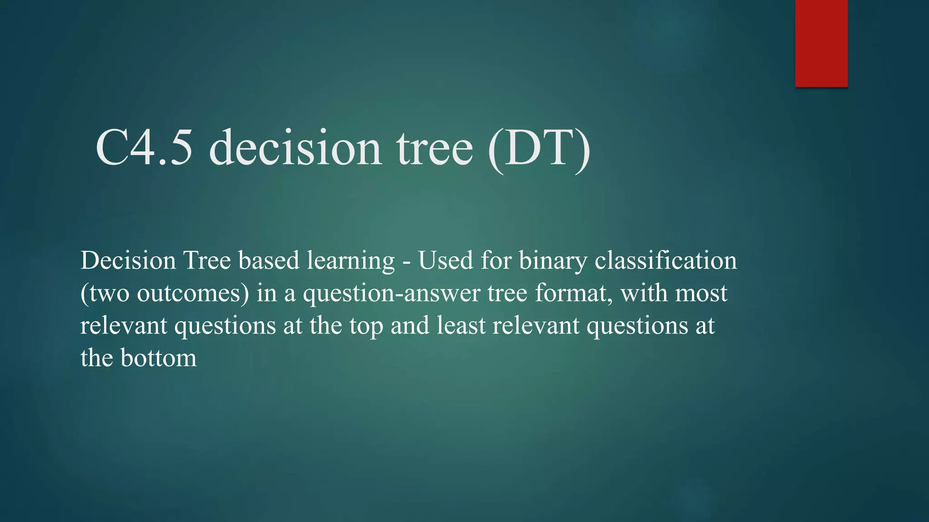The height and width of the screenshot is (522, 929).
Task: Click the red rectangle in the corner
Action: point(821,43)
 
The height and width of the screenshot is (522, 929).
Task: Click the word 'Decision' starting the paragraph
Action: point(128,261)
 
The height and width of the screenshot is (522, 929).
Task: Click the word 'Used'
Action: point(445,261)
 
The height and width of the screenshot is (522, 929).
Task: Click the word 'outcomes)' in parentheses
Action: point(193,294)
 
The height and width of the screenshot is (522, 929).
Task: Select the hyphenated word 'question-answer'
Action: point(391,294)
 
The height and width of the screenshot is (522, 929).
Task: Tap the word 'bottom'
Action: point(158,358)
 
